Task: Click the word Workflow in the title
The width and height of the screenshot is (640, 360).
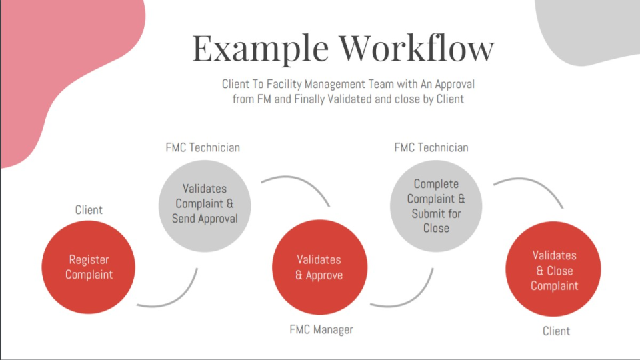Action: coord(416,48)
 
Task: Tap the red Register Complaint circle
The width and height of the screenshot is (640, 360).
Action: coord(89,267)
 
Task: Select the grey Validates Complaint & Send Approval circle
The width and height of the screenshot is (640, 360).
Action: coord(205,203)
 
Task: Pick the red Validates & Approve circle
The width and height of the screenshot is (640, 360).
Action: coord(319,267)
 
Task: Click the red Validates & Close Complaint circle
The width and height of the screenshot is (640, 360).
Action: coord(553,270)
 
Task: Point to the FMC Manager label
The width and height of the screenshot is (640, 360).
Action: coord(321,329)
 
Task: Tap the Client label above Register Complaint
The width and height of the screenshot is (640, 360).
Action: coord(89,210)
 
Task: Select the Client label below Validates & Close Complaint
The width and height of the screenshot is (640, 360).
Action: coord(556,331)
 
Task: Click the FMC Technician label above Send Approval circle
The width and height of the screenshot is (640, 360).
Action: coord(203,147)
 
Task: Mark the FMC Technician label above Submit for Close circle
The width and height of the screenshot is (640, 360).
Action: coord(431,147)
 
